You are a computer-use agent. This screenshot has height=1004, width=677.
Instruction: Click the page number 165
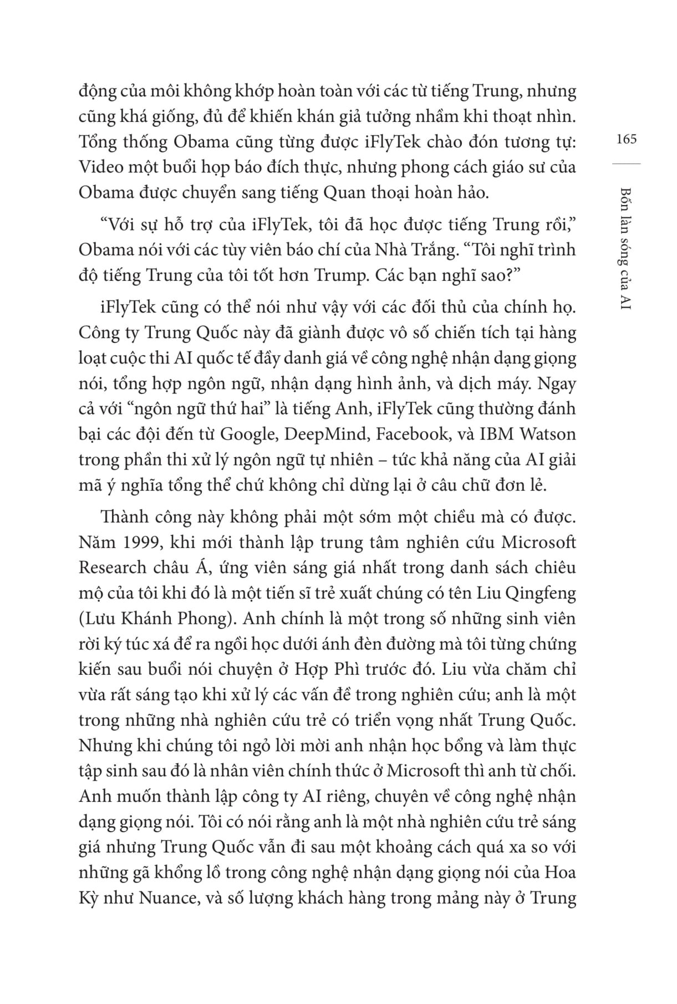coord(627,139)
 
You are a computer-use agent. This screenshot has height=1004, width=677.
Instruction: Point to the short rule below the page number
coord(627,163)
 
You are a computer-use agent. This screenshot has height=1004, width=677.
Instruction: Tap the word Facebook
coord(412,434)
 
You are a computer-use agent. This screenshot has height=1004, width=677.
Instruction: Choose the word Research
coord(113,567)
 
